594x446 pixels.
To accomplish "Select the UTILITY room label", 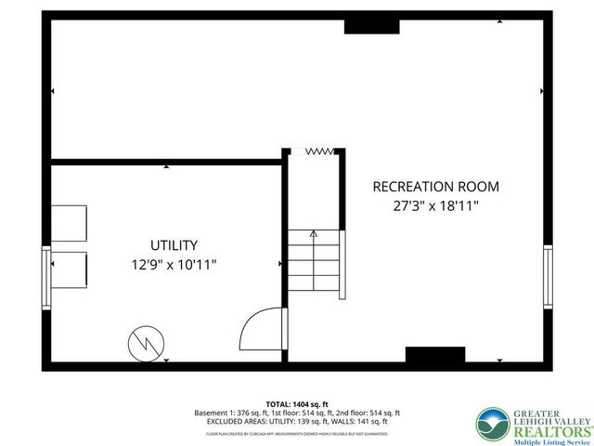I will [174, 245].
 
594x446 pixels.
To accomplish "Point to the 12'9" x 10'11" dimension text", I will [174, 265].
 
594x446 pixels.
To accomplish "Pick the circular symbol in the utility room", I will [144, 342].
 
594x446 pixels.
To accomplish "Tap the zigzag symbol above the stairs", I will [320, 150].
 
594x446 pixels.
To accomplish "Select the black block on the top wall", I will [371, 26].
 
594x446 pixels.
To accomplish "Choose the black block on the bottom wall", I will [434, 355].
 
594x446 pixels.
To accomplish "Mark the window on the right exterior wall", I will [548, 276].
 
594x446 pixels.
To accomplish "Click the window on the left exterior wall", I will [45, 276].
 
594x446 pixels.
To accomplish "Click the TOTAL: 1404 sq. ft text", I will [297, 403].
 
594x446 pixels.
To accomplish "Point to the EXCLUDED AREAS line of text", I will [297, 423].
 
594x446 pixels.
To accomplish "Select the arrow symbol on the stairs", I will [314, 233].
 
